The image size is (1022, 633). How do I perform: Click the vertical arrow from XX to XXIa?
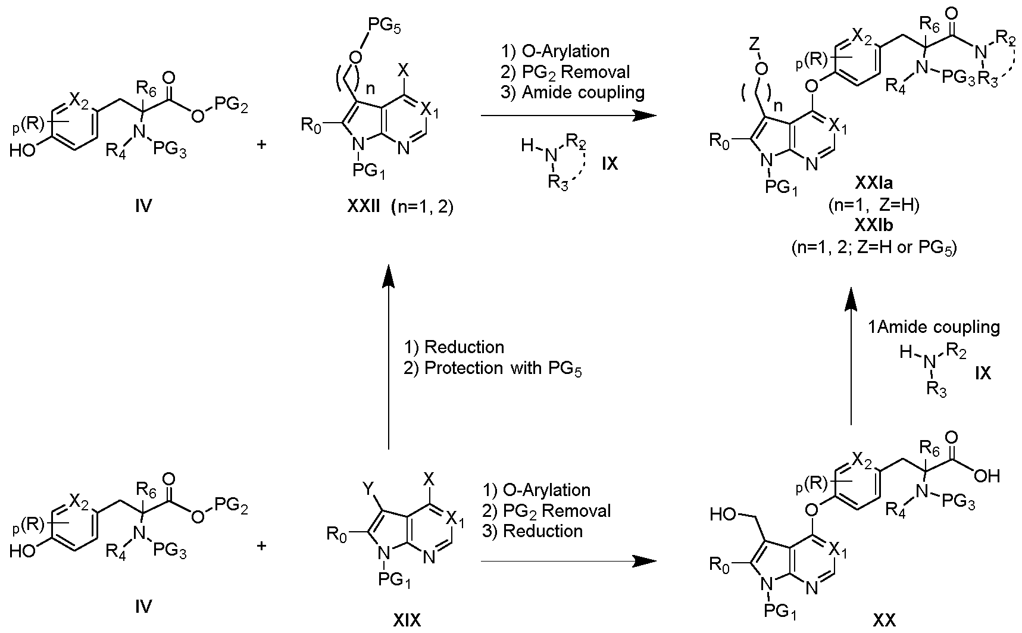tap(851, 356)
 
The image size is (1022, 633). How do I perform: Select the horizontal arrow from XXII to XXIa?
tap(563, 116)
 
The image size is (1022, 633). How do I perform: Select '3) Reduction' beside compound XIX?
tap(533, 531)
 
